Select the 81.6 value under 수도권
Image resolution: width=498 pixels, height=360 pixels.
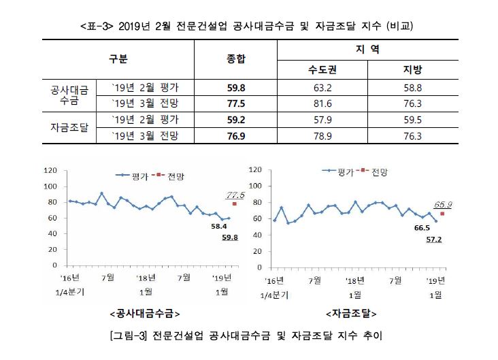[320, 103]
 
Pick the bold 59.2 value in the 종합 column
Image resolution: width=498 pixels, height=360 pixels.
[236, 120]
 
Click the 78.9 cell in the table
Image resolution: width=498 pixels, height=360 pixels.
[320, 136]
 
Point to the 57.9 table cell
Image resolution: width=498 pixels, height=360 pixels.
[320, 120]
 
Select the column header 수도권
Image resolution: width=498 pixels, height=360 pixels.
[320, 70]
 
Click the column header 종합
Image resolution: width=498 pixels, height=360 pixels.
[236, 59]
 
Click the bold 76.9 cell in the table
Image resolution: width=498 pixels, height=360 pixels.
[236, 136]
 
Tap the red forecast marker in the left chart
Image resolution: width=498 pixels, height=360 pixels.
[235, 203]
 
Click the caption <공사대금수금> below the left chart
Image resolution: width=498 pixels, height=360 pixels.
[144, 314]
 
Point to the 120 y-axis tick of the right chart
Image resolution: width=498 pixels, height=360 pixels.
[256, 170]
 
